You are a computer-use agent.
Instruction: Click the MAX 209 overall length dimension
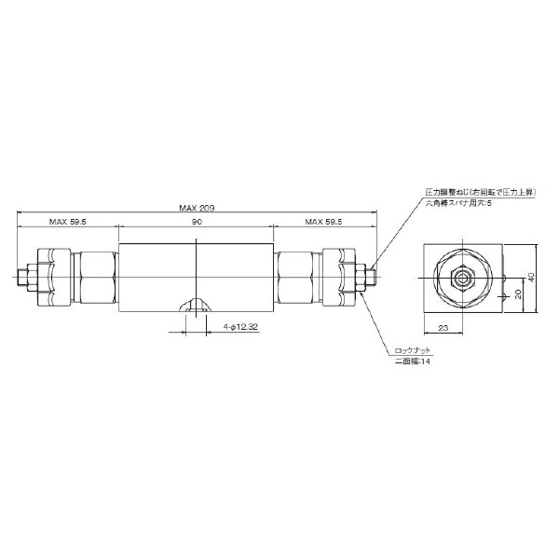click(197, 209)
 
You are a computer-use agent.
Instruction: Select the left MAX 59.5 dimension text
click(67, 223)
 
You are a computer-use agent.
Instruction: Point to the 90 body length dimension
click(197, 223)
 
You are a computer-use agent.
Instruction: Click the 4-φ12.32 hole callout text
click(240, 326)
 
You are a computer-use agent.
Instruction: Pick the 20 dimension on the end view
click(517, 294)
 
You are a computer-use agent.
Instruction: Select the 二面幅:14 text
click(410, 361)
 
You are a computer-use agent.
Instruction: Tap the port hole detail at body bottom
click(197, 305)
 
